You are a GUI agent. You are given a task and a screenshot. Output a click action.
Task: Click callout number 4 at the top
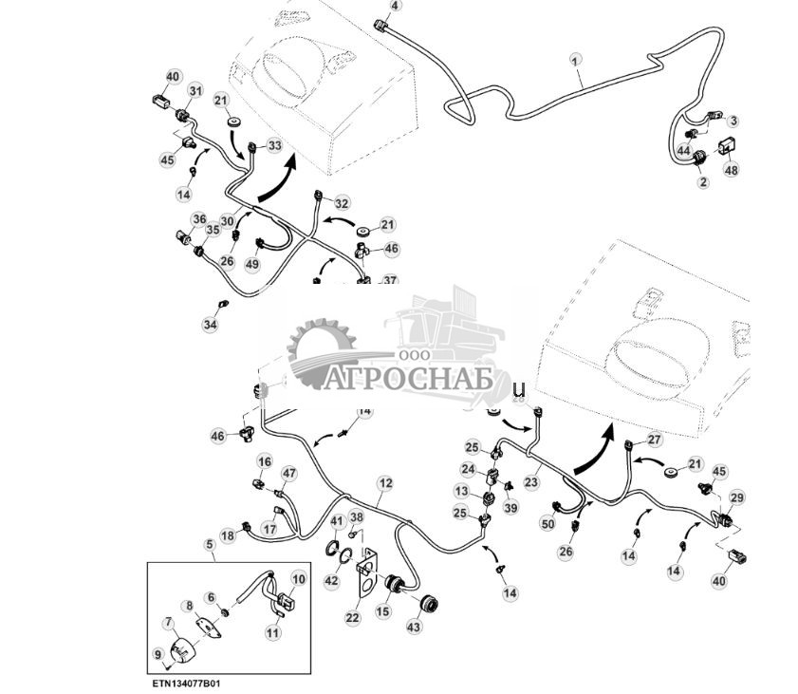(x=396, y=6)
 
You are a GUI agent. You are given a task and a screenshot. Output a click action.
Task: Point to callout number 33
(x=274, y=145)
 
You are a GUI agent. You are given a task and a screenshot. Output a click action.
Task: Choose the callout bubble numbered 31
(x=195, y=90)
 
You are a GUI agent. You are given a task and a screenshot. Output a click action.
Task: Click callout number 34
(x=210, y=325)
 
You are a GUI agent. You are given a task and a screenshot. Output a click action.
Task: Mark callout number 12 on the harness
(x=384, y=482)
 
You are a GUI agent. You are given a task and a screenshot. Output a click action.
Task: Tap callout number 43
(x=414, y=628)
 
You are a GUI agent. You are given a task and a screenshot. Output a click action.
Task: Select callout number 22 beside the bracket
(x=352, y=618)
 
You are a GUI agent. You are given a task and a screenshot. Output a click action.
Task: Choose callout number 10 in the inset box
(x=299, y=578)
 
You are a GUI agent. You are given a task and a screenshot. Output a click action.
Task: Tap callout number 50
(x=547, y=524)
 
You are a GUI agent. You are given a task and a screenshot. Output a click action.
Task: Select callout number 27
(x=654, y=440)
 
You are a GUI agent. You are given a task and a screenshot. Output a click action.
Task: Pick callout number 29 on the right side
(x=737, y=498)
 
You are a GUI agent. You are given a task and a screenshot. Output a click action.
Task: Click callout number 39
(x=510, y=509)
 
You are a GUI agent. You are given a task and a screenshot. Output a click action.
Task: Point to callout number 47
(x=289, y=473)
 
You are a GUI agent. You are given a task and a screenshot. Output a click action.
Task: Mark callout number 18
(x=228, y=536)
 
